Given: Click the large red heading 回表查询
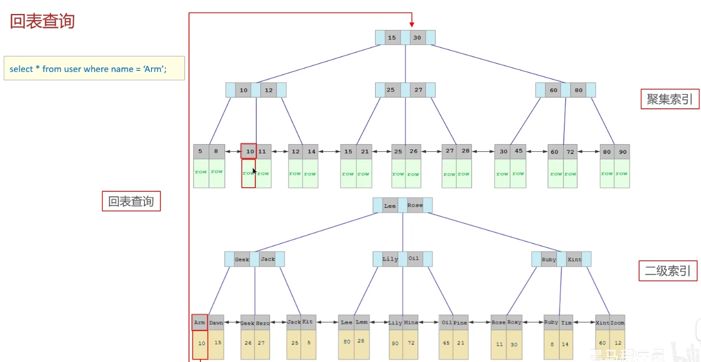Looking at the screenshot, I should (42, 21).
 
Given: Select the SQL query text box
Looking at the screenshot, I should (94, 68).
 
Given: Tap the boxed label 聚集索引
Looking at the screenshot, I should (669, 99).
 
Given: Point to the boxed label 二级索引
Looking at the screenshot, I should (667, 271).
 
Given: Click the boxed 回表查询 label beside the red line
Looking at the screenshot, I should (131, 201).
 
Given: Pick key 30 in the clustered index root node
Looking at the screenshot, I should (417, 37).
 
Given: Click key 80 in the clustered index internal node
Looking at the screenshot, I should (578, 90).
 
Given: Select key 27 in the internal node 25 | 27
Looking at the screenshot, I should (418, 90).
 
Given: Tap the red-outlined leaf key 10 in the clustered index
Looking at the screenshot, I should (249, 151).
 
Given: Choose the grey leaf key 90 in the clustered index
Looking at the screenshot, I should (622, 152).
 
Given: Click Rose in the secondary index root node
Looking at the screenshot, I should (415, 205).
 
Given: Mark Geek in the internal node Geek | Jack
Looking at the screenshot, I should (242, 259).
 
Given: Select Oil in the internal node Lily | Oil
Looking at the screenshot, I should (414, 259).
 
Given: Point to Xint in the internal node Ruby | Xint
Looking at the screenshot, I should (574, 260).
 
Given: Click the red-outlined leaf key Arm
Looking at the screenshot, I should (199, 323).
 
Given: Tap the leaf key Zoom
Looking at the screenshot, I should (617, 323).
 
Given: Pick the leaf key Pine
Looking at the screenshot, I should (460, 323).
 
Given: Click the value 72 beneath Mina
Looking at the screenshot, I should (411, 343).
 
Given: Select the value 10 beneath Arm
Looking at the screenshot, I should (201, 344).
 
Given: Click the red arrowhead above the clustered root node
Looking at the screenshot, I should (412, 24).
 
